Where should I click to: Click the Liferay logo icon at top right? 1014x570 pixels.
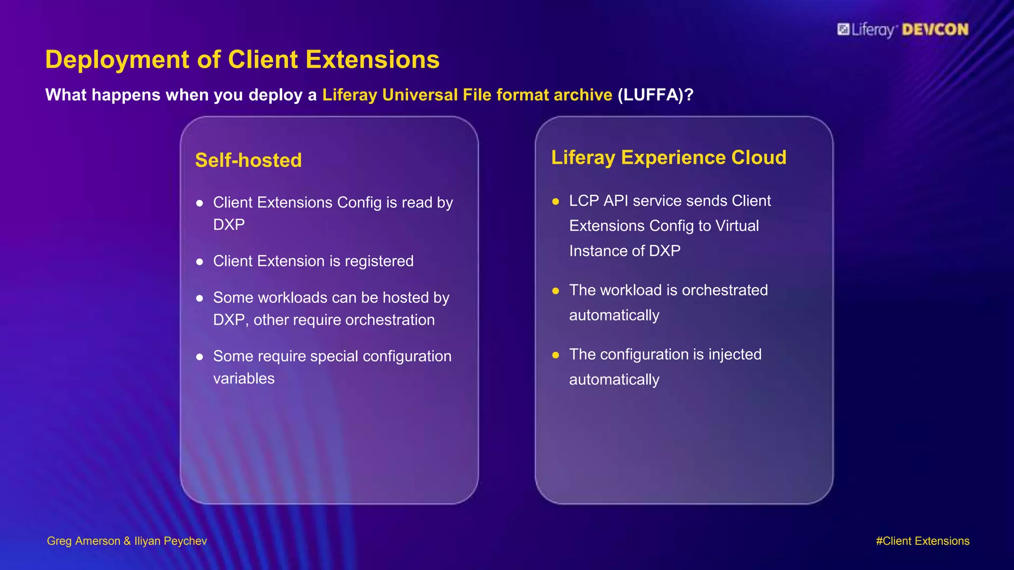[x=843, y=30]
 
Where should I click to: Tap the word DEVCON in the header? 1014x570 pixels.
[x=935, y=30]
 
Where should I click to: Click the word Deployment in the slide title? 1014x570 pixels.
[x=117, y=60]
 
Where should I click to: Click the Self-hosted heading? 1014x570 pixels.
[x=248, y=160]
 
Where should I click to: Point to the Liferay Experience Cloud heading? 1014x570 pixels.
[x=668, y=157]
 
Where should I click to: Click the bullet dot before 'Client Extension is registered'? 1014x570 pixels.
[x=200, y=262]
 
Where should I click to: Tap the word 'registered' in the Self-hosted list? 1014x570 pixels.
[x=379, y=261]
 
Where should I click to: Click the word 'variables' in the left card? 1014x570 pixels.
[x=244, y=379]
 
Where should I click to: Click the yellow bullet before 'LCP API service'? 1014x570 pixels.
[x=556, y=201]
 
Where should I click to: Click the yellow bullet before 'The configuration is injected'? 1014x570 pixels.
[x=556, y=355]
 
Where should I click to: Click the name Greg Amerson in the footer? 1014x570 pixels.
[x=83, y=541]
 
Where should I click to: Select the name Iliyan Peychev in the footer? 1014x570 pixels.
[x=170, y=541]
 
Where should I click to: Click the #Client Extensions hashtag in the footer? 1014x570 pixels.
[x=922, y=541]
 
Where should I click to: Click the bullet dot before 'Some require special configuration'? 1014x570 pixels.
[x=200, y=357]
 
